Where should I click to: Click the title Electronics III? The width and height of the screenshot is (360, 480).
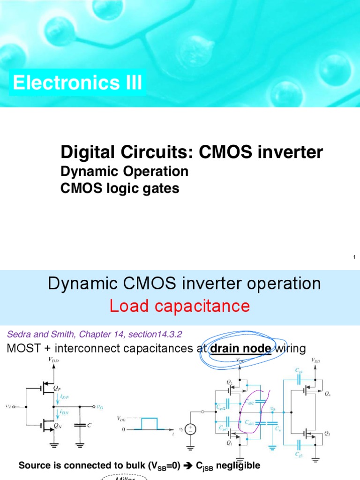(x=77, y=83)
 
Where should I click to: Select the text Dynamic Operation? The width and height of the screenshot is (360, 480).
(x=125, y=171)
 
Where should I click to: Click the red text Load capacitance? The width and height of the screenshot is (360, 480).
(x=180, y=306)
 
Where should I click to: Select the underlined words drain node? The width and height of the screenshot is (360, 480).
(x=241, y=349)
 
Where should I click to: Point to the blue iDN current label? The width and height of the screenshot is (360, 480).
(x=63, y=412)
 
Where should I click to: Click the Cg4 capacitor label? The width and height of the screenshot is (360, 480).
(x=300, y=371)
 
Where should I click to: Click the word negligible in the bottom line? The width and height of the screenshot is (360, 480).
(x=230, y=466)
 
